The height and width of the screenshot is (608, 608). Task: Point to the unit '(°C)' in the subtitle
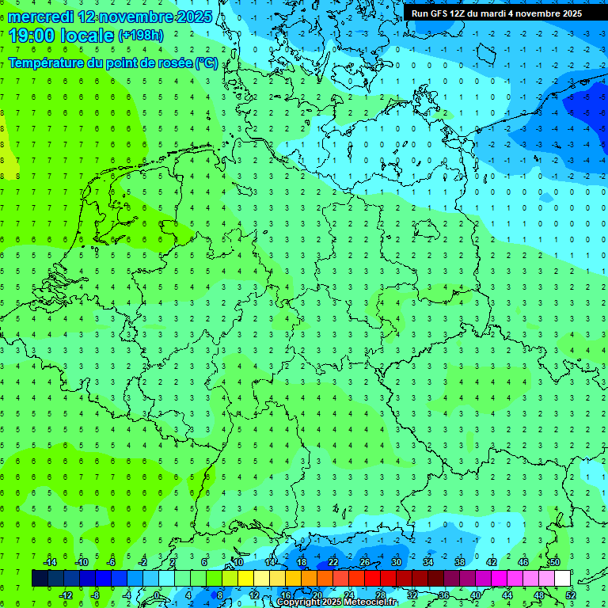tap(207, 63)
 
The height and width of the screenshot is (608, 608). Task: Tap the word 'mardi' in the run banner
tap(496, 13)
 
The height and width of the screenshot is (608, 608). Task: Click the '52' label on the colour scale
tap(571, 595)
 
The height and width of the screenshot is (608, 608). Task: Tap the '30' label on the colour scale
tap(397, 562)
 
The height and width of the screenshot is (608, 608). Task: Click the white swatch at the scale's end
tap(562, 579)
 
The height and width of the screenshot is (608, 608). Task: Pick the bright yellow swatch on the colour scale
tap(245, 579)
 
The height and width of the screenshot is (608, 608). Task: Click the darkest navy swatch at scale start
tap(40, 579)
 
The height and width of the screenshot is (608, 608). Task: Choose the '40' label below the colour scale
tap(476, 595)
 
